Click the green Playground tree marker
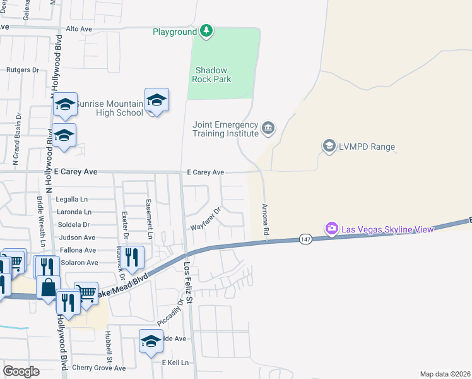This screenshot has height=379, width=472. tap(206, 30)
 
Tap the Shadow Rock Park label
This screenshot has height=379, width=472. tap(212, 75)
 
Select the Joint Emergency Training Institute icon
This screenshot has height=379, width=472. tap(269, 128)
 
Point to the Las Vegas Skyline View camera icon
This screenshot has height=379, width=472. tap(331, 228)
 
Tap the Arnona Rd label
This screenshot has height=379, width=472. tap(265, 220)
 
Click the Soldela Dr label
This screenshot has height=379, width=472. tap(74, 224)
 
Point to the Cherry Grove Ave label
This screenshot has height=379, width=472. tap(99, 368)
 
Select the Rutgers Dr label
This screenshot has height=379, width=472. tap(23, 70)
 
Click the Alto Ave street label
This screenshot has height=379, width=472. tap(80, 29)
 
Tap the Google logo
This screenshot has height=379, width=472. tap(21, 371)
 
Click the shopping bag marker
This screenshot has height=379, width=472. tap(48, 288)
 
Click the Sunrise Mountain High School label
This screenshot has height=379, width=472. tap(110, 108)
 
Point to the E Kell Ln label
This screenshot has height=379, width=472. tap(175, 363)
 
